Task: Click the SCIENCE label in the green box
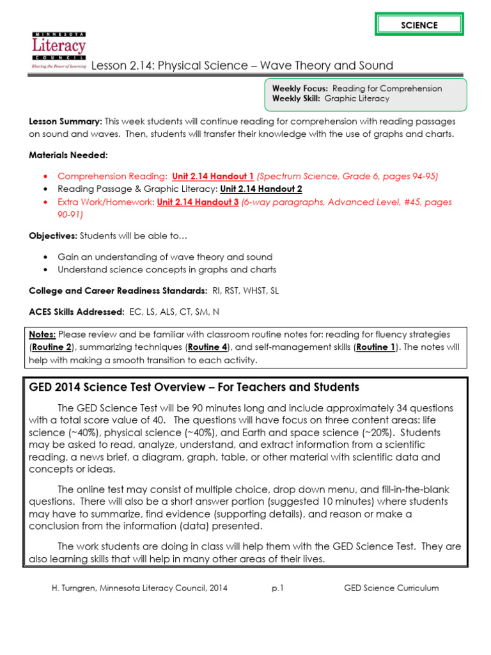[419, 25]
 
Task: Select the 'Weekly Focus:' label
[300, 88]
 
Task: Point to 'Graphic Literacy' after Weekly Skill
[357, 99]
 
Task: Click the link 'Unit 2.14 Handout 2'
[261, 189]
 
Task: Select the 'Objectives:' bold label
[52, 236]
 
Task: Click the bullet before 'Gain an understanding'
[44, 256]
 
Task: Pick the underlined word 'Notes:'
[43, 335]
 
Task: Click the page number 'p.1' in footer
[277, 588]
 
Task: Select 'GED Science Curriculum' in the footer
[391, 588]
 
